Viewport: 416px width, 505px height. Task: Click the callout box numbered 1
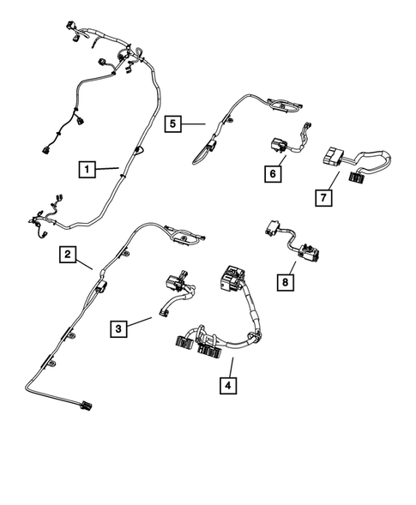pyautogui.click(x=86, y=169)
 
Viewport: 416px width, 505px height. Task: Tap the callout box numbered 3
pyautogui.click(x=121, y=327)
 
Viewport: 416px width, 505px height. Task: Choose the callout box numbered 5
pyautogui.click(x=173, y=124)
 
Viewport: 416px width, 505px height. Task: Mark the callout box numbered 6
pyautogui.click(x=273, y=174)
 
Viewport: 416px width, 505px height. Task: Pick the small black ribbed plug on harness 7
pyautogui.click(x=357, y=177)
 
